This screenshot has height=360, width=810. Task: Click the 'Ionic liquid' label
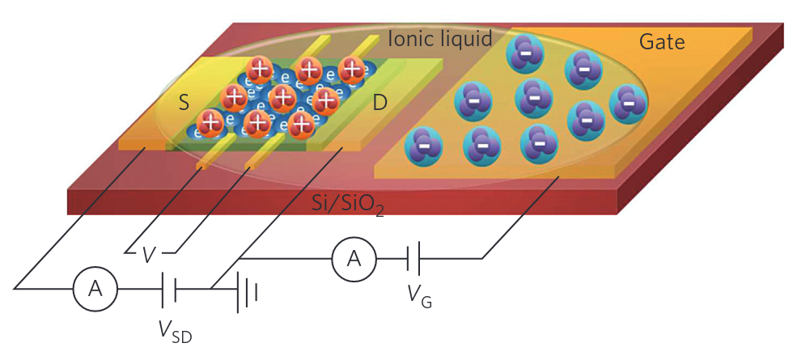tap(440, 38)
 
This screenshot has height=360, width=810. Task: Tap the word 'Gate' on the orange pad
tap(662, 42)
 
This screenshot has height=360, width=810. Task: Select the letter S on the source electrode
tap(184, 103)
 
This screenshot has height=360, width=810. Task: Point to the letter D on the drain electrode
tap(379, 103)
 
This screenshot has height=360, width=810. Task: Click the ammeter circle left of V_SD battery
tap(95, 289)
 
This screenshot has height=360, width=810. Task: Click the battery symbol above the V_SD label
tap(168, 289)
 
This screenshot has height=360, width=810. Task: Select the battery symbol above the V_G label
tap(413, 258)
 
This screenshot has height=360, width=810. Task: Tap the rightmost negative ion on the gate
tap(628, 102)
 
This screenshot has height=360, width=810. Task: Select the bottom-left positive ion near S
tap(211, 123)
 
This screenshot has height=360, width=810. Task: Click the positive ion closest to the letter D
tap(325, 100)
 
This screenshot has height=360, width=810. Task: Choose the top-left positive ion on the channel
tap(259, 70)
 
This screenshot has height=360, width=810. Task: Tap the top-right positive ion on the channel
tap(352, 70)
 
